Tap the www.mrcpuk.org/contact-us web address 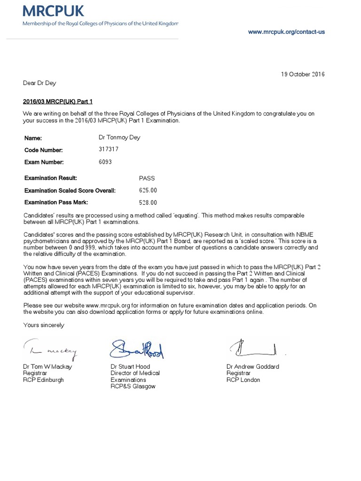pos(286,32)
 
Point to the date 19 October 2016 pos(303,74)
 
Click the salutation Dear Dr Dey pos(39,83)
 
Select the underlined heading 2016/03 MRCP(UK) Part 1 pos(61,101)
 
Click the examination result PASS pos(147,178)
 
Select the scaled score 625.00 pos(148,190)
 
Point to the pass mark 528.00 pos(148,202)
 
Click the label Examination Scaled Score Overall pos(70,191)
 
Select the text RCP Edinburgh pos(43,380)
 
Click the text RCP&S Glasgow pos(133,386)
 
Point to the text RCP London pos(243,380)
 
